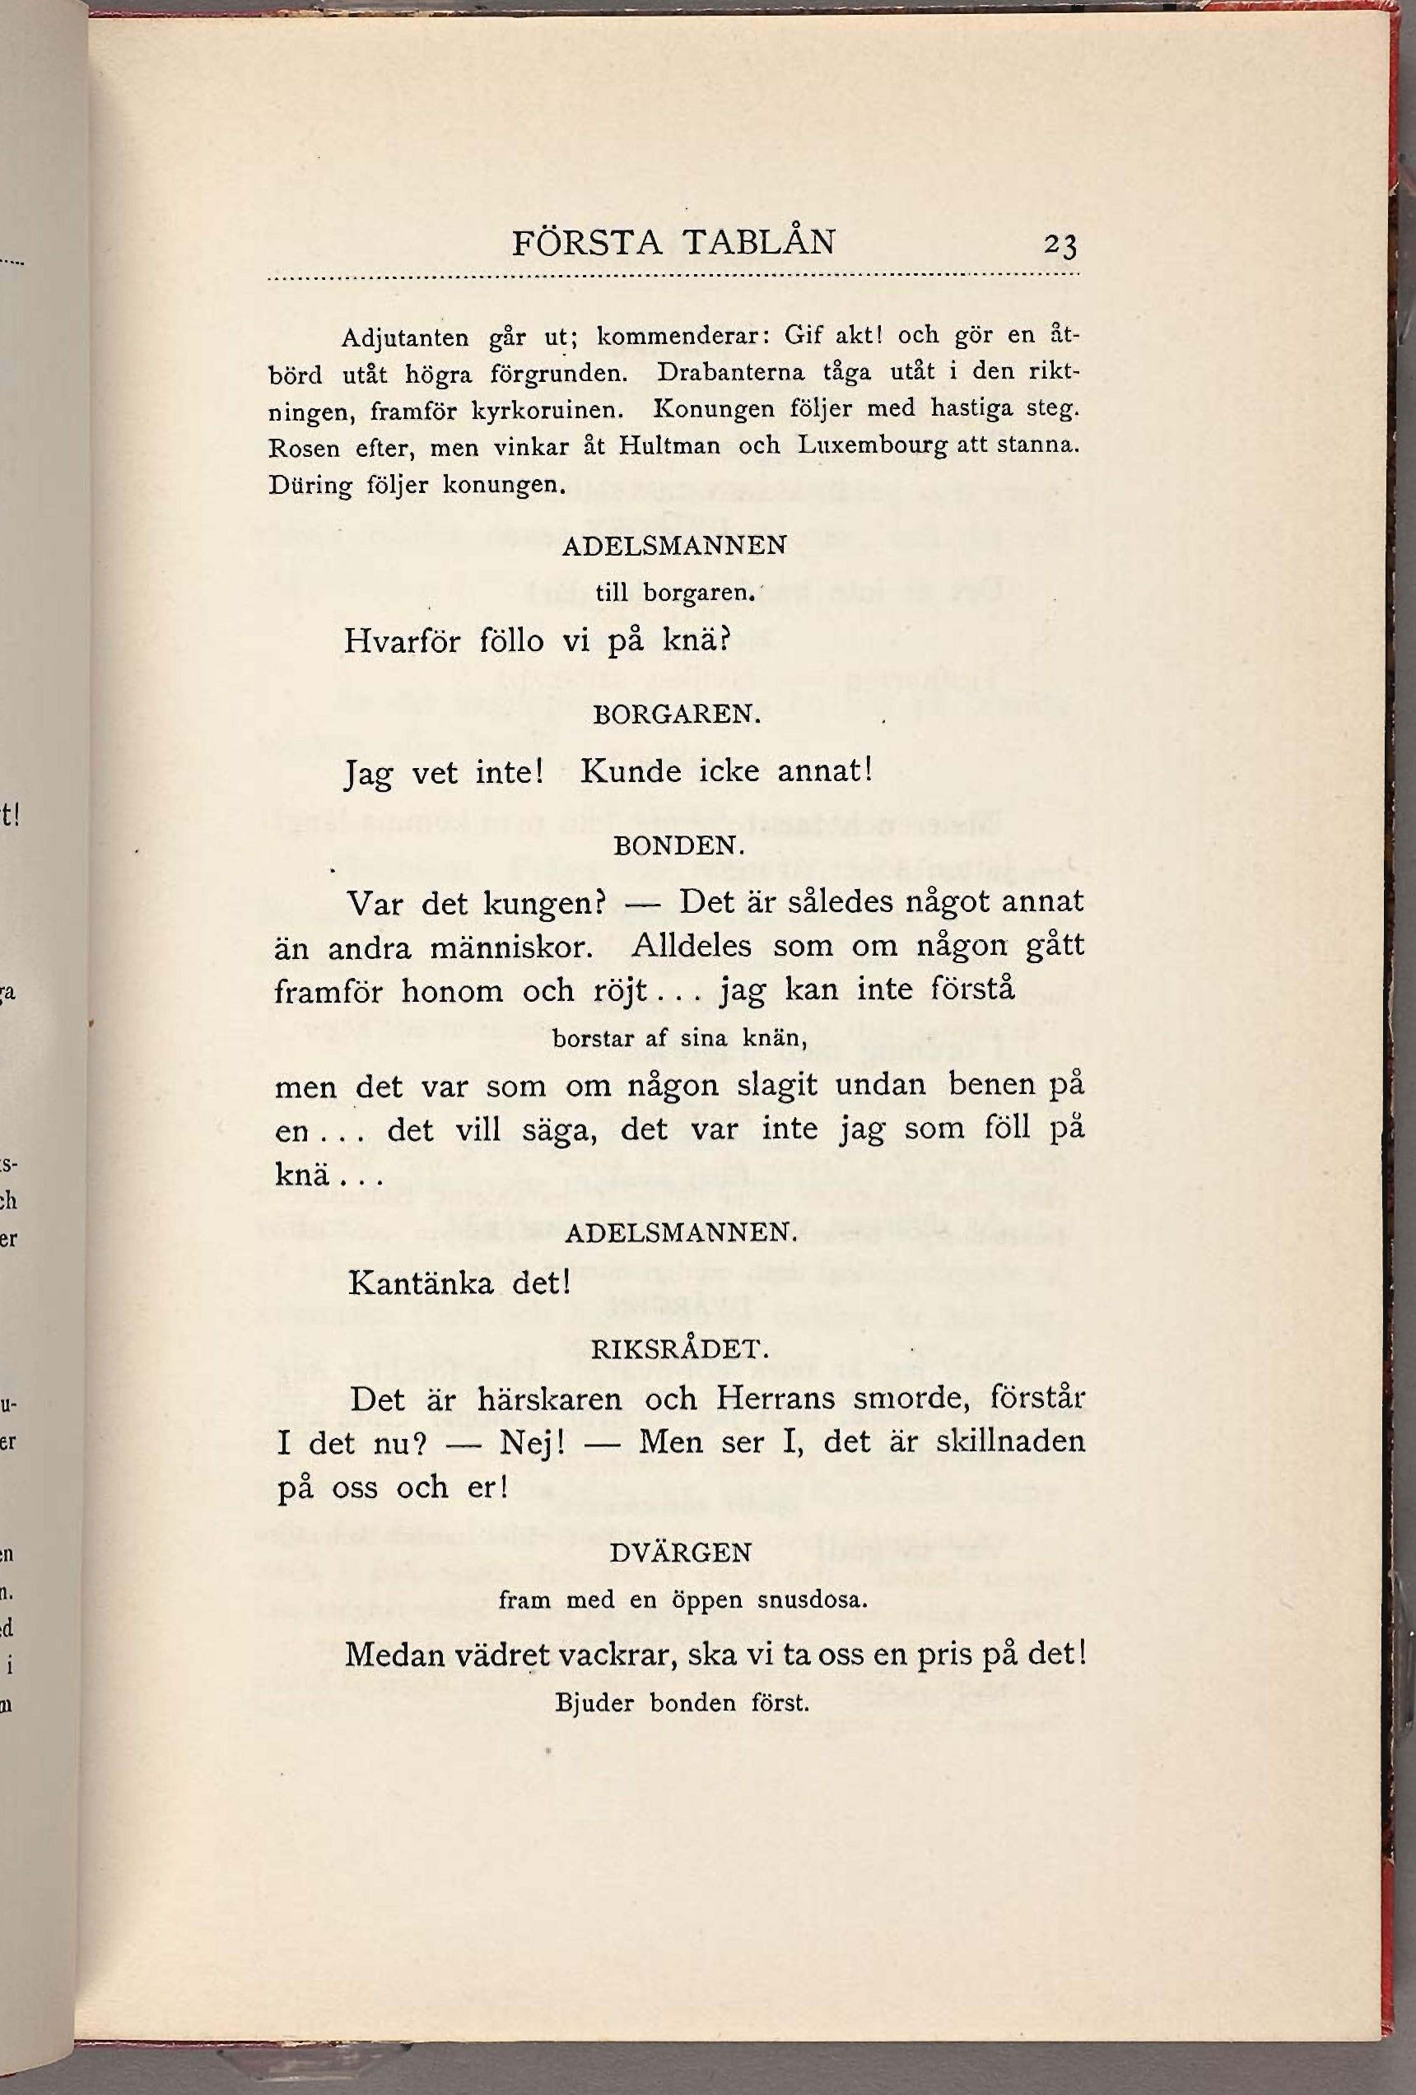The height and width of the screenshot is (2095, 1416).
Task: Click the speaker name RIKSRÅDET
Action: coord(678,1349)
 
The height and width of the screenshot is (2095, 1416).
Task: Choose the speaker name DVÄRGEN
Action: coord(681,1553)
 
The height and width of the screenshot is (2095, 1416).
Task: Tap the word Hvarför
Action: coord(402,642)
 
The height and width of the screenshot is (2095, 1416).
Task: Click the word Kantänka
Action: coord(421,1283)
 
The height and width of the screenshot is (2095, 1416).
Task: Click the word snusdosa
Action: coord(811,1601)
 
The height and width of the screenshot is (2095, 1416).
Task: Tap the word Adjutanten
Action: coord(405,339)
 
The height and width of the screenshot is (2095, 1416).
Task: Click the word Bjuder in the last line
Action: coord(596,1705)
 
